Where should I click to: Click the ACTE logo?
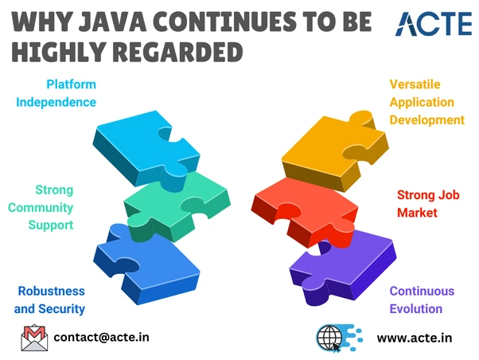pos(434,23)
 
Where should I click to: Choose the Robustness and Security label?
pos(50,300)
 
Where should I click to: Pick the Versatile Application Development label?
pos(426,101)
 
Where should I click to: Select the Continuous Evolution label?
pos(422,300)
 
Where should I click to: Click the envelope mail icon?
pos(34,338)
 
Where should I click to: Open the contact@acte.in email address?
pos(101,338)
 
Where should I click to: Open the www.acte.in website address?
pos(414,338)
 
